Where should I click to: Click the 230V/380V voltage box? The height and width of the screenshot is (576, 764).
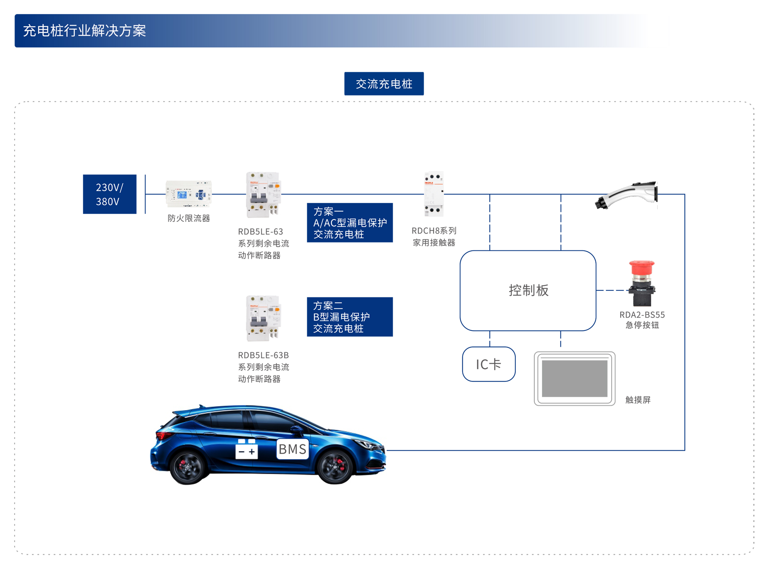pyautogui.click(x=110, y=194)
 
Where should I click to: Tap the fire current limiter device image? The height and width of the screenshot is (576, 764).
pyautogui.click(x=188, y=194)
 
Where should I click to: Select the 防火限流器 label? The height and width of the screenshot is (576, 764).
pyautogui.click(x=189, y=218)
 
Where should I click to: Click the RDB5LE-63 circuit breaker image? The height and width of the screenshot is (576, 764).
pyautogui.click(x=263, y=195)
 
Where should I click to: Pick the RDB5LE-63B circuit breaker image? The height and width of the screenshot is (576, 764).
pyautogui.click(x=263, y=318)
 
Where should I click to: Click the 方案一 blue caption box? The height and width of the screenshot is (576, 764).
pyautogui.click(x=350, y=223)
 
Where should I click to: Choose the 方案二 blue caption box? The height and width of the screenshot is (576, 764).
pyautogui.click(x=350, y=317)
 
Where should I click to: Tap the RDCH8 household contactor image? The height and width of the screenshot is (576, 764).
pyautogui.click(x=434, y=194)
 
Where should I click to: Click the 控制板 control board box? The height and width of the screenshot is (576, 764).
pyautogui.click(x=528, y=290)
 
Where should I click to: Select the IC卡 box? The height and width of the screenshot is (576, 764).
pyautogui.click(x=489, y=364)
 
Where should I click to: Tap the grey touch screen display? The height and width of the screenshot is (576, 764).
pyautogui.click(x=575, y=378)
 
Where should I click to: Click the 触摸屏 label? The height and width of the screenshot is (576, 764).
pyautogui.click(x=638, y=400)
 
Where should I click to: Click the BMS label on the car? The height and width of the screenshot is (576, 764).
pyautogui.click(x=292, y=449)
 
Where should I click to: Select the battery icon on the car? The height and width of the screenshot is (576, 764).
pyautogui.click(x=246, y=449)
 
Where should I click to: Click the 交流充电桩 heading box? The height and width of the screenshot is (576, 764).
pyautogui.click(x=384, y=84)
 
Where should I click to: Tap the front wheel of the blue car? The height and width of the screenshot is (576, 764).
pyautogui.click(x=335, y=466)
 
